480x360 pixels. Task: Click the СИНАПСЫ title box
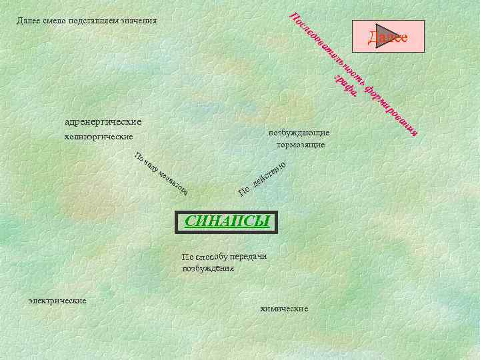pyautogui.click(x=226, y=221)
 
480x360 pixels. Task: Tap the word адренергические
pyautogui.click(x=103, y=122)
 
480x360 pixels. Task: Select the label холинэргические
pyautogui.click(x=99, y=137)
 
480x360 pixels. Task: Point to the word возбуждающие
pyautogui.click(x=298, y=132)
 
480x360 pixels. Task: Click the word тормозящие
pyautogui.click(x=298, y=144)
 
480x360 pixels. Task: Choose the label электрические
pyautogui.click(x=57, y=301)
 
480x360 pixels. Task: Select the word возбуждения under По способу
pyautogui.click(x=208, y=268)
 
